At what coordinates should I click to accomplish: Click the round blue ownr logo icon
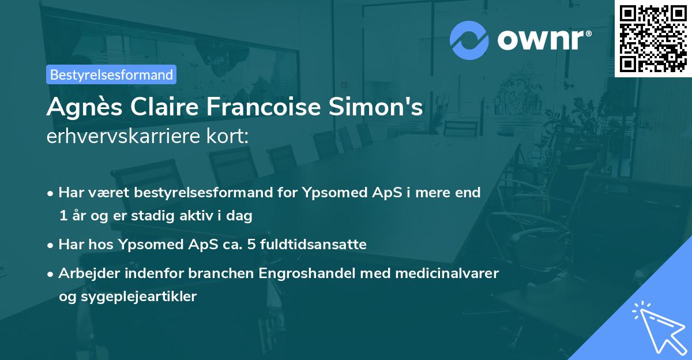(x=469, y=40)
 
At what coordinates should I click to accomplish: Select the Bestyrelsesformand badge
(x=111, y=74)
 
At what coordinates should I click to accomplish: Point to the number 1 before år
(x=62, y=216)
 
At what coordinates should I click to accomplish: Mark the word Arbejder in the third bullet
(x=86, y=273)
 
